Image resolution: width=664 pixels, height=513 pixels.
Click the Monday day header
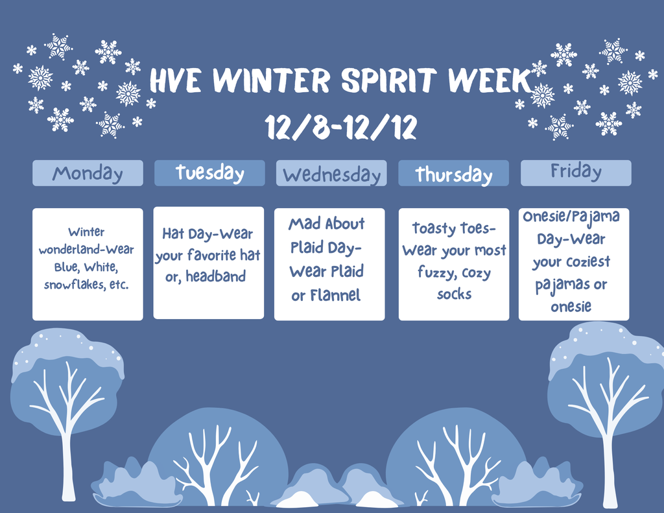(88, 173)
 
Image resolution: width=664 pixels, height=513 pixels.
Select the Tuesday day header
(209, 173)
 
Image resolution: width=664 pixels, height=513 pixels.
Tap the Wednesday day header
(331, 174)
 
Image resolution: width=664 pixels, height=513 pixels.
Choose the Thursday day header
(453, 174)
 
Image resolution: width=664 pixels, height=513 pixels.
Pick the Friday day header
(576, 173)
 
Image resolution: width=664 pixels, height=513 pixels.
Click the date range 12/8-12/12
(340, 128)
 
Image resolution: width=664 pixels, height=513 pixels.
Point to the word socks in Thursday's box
(454, 294)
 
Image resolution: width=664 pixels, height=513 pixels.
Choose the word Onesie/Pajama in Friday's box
(571, 217)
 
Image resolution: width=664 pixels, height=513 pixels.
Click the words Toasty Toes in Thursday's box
(454, 228)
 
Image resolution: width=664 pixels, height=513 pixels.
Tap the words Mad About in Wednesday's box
(327, 224)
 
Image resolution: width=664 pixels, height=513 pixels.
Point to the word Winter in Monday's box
(86, 232)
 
